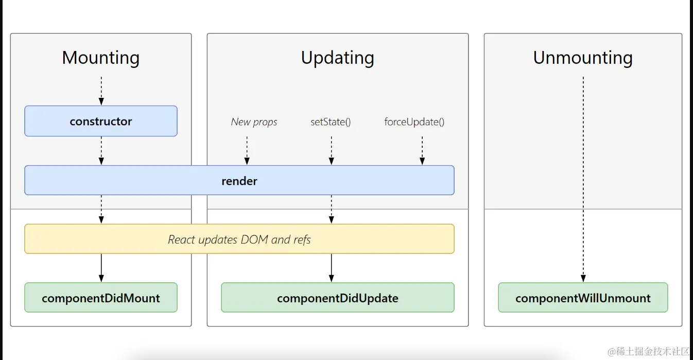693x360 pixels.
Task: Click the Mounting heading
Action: pyautogui.click(x=101, y=57)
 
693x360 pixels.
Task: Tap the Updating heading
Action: pyautogui.click(x=337, y=57)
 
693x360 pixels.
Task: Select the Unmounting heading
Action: pyautogui.click(x=583, y=57)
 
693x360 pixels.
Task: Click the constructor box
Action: pyautogui.click(x=101, y=121)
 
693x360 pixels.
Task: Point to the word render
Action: pyautogui.click(x=239, y=181)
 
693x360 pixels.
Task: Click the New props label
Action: pyautogui.click(x=254, y=122)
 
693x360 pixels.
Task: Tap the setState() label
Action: pyautogui.click(x=331, y=122)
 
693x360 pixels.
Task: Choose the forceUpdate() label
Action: pyautogui.click(x=414, y=122)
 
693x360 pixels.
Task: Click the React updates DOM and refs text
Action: pyautogui.click(x=239, y=239)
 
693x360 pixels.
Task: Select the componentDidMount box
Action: pyautogui.click(x=101, y=298)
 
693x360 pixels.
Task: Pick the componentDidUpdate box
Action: pyautogui.click(x=337, y=298)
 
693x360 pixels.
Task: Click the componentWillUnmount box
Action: pyautogui.click(x=583, y=298)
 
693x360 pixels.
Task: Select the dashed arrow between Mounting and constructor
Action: pyautogui.click(x=101, y=91)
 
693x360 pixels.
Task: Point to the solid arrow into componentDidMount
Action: pyautogui.click(x=101, y=267)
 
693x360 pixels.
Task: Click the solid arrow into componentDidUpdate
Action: pyautogui.click(x=331, y=267)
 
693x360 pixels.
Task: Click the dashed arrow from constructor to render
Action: pyautogui.click(x=101, y=150)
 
